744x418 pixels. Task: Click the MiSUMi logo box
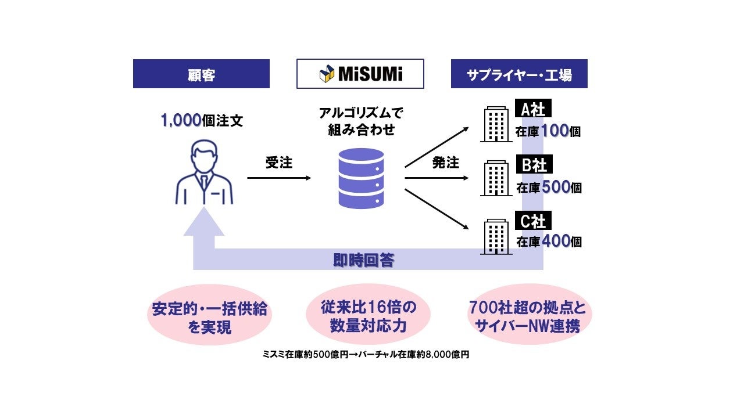(x=360, y=74)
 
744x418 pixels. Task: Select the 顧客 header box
(x=201, y=74)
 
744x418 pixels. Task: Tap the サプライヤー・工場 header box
(x=519, y=74)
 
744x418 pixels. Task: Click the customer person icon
(x=204, y=172)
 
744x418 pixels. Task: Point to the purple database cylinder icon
(x=361, y=178)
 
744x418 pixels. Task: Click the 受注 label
(x=279, y=163)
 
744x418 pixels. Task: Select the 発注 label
(x=446, y=163)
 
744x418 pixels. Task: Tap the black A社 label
(x=532, y=109)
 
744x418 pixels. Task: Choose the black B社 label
(x=533, y=164)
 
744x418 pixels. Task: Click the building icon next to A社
(x=496, y=124)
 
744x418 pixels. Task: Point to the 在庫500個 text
(x=549, y=188)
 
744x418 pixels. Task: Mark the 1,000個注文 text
(x=202, y=121)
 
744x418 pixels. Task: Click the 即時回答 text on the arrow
(x=364, y=260)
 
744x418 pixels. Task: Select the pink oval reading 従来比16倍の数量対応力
(x=361, y=314)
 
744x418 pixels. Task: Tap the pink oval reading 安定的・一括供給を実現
(x=209, y=317)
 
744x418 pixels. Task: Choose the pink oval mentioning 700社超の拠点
(x=527, y=314)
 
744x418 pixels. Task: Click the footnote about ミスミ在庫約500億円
(x=365, y=355)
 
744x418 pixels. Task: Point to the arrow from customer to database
(x=279, y=178)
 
